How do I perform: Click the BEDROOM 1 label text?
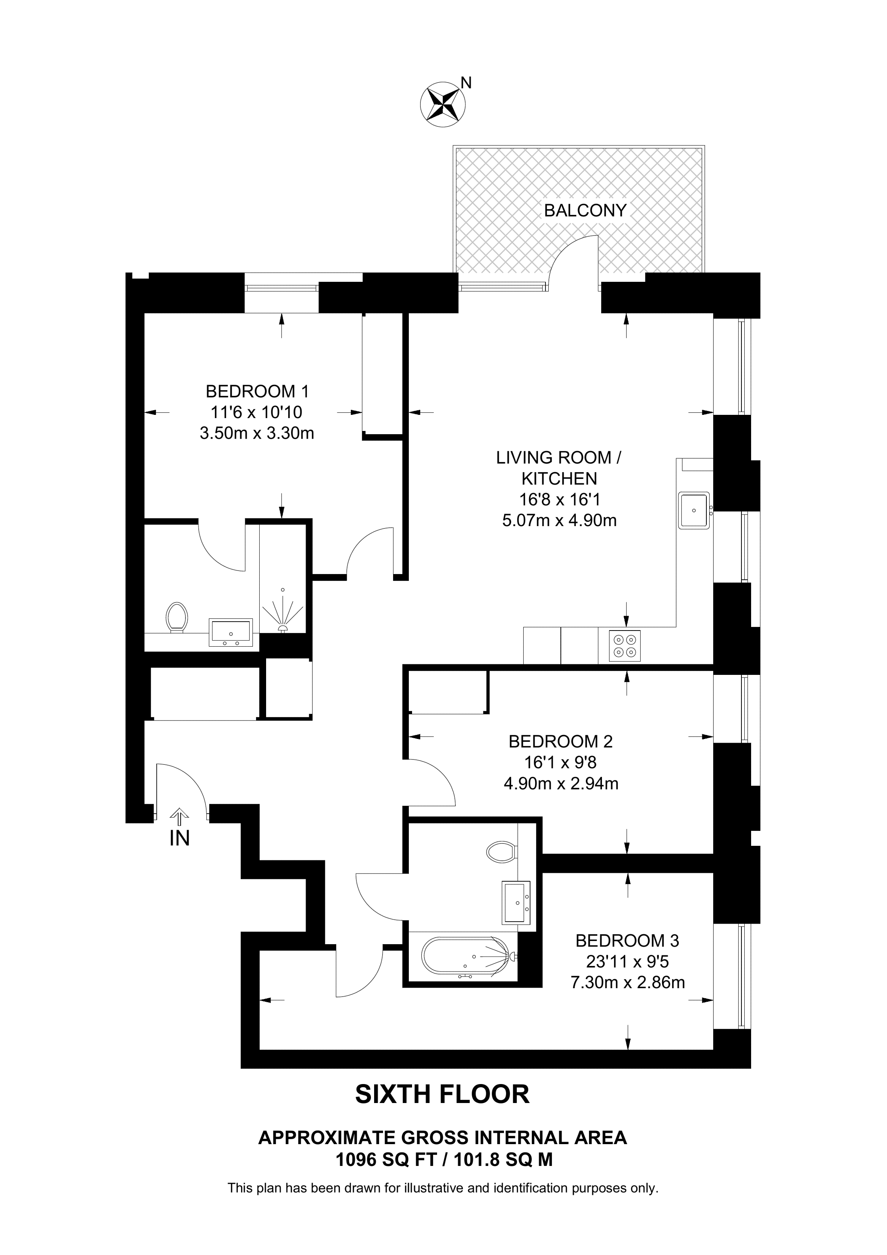(257, 391)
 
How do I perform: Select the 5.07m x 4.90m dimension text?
(559, 520)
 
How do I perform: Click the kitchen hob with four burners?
(625, 645)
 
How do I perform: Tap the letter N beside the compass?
(466, 83)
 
